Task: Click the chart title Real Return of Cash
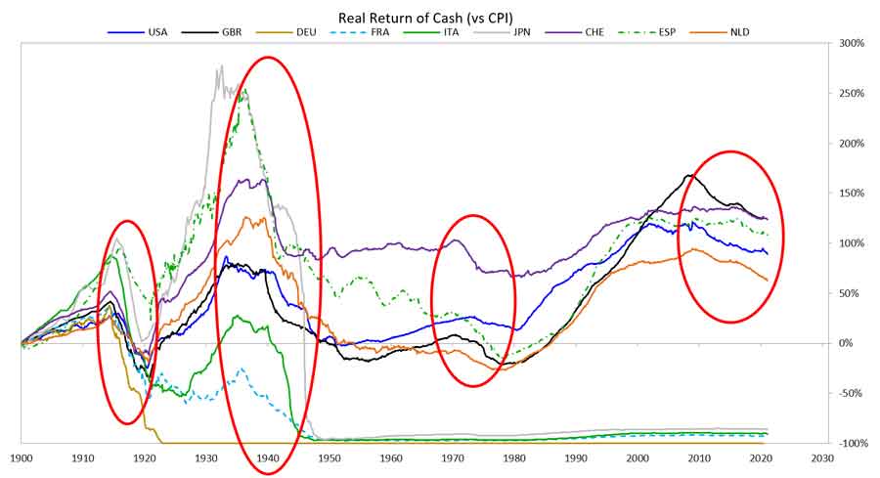[425, 18]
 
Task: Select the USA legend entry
[138, 32]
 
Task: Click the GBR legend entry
[211, 32]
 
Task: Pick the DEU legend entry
[286, 32]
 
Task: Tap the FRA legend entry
[360, 32]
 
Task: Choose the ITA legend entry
[431, 32]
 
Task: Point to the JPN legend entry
[503, 32]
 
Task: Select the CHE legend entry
[574, 32]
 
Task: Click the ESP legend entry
[647, 32]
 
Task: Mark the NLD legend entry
[721, 32]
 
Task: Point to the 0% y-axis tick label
[847, 343]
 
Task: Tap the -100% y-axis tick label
[852, 443]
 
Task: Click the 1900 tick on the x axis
[22, 457]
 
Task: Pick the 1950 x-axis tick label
[330, 457]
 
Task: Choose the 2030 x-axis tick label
[822, 457]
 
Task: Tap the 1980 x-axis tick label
[514, 457]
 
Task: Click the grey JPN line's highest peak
[221, 65]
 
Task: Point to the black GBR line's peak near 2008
[688, 176]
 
